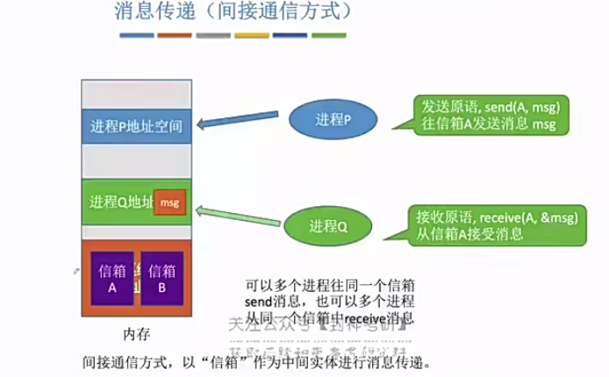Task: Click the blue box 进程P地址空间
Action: pos(136,126)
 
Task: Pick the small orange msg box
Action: pos(169,203)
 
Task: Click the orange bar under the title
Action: pos(175,36)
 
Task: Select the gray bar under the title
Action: pos(213,36)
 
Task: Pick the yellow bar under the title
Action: pos(252,36)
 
